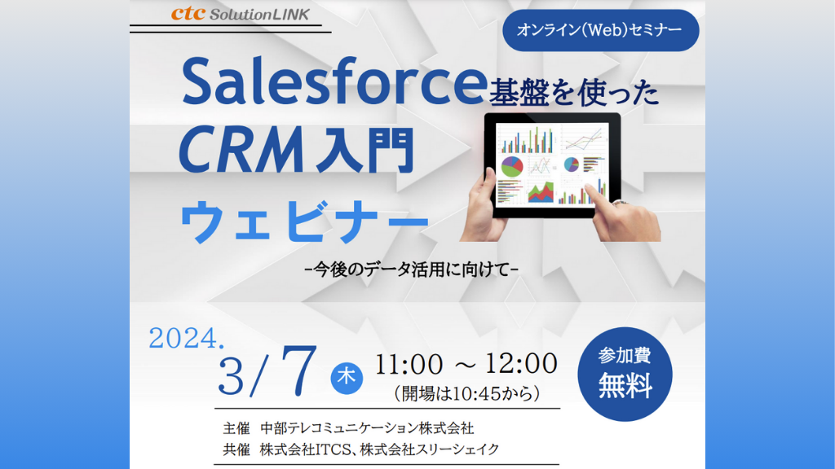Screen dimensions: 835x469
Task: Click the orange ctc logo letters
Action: click(x=188, y=13)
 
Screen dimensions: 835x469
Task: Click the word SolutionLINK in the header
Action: click(x=259, y=15)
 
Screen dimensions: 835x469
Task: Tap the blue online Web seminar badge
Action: click(x=600, y=30)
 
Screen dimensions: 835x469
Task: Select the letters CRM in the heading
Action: click(x=241, y=151)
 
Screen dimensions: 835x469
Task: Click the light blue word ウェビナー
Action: click(x=304, y=221)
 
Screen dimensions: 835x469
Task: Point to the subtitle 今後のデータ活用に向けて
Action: click(x=412, y=270)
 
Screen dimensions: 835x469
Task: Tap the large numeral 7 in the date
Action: click(x=298, y=370)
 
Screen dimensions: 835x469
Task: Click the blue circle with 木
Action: click(x=347, y=378)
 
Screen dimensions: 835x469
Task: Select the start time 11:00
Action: click(x=409, y=364)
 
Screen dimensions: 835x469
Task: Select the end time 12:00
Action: click(x=521, y=363)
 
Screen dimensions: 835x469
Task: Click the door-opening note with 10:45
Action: click(x=467, y=393)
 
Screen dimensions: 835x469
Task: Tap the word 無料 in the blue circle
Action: click(x=625, y=386)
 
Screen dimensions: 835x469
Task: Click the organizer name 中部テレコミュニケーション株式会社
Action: click(x=367, y=428)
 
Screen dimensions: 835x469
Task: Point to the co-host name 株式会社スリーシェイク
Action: click(x=430, y=449)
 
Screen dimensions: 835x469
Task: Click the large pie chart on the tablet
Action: click(x=512, y=166)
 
